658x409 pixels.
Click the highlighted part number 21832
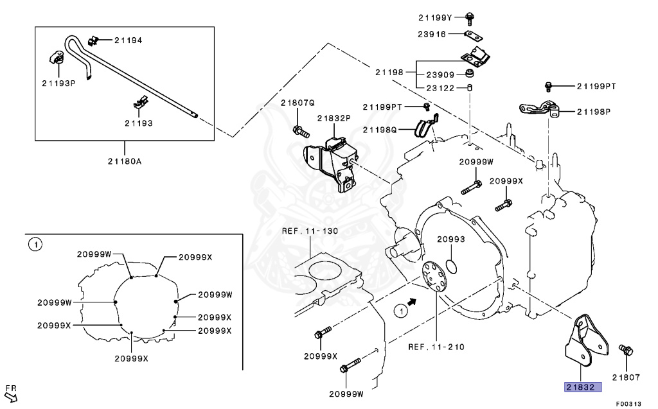[583, 387]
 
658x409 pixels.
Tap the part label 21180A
[125, 161]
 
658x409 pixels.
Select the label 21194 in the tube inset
[128, 40]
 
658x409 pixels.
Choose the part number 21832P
[333, 118]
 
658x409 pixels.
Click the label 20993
[450, 239]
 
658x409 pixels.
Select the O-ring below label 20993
[451, 266]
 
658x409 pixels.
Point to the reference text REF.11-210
[436, 347]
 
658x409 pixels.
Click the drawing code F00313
[628, 404]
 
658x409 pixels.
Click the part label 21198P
[593, 112]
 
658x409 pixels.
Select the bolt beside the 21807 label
[625, 351]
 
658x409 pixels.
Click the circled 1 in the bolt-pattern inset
[35, 244]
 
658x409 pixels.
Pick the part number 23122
[440, 88]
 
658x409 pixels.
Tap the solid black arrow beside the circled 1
[413, 300]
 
